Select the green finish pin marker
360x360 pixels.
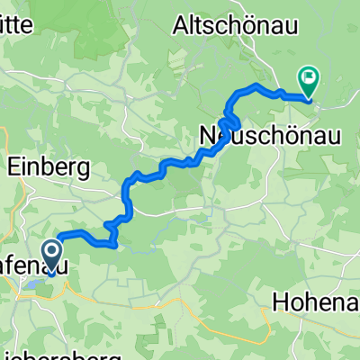click(x=307, y=82)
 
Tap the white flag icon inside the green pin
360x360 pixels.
click(x=307, y=77)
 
